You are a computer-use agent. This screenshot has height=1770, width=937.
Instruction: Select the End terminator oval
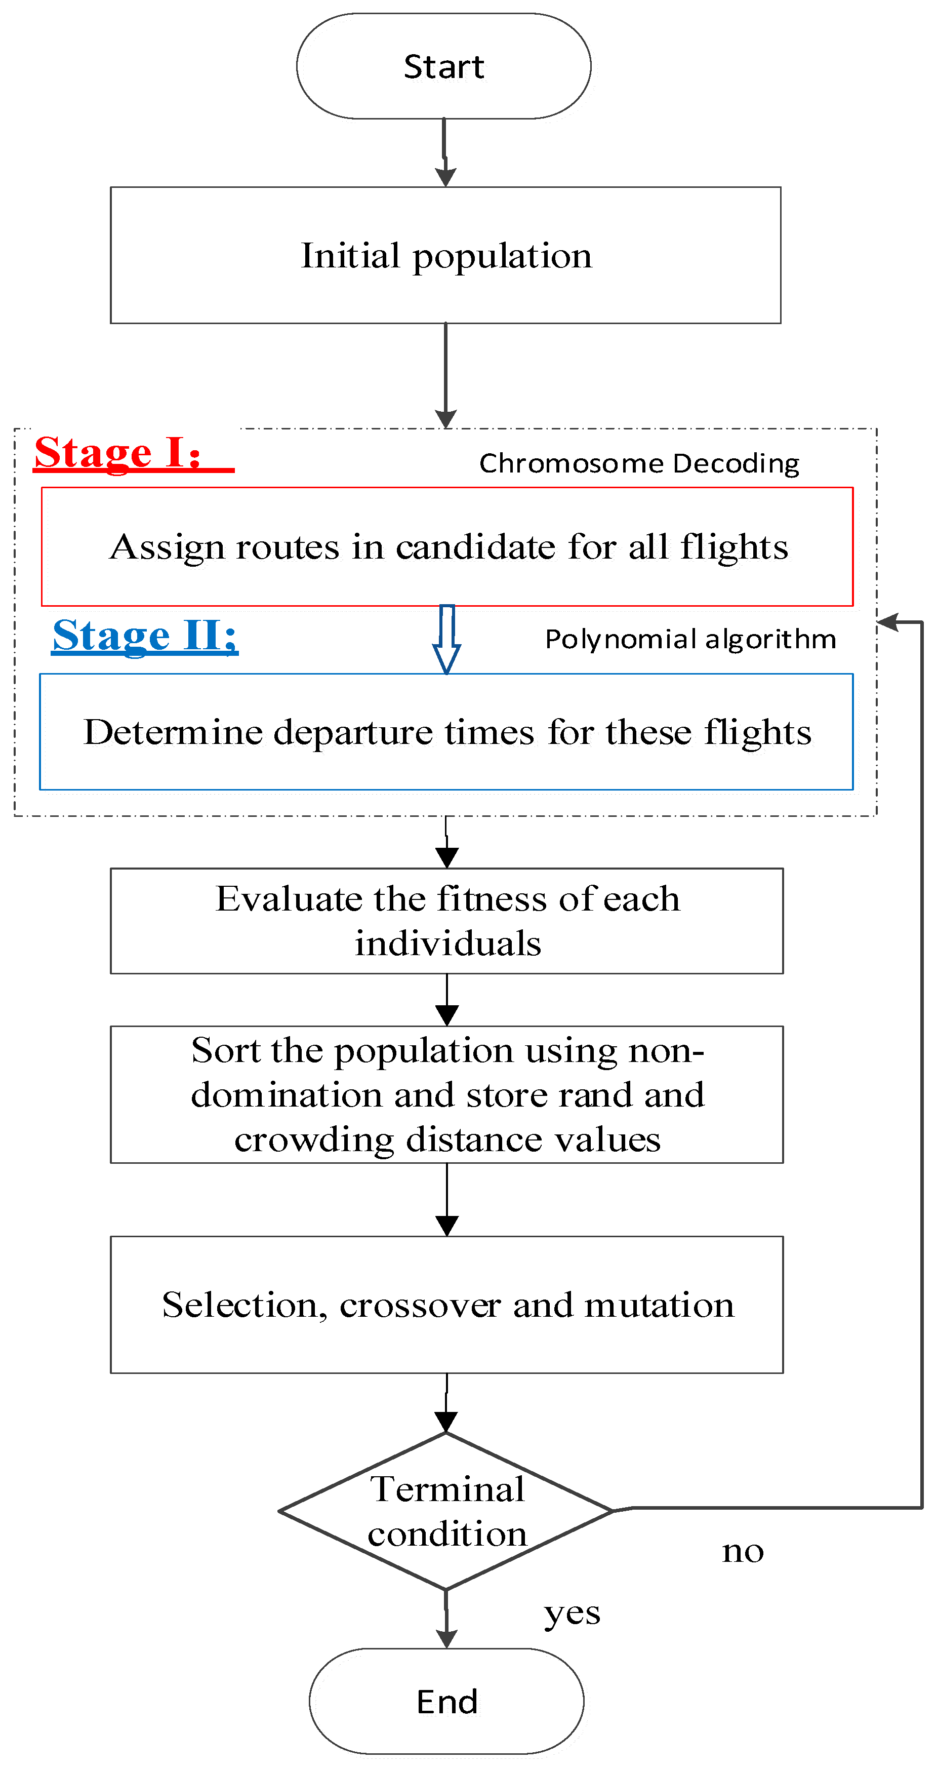click(446, 1701)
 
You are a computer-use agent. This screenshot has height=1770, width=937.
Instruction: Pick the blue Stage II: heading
click(145, 635)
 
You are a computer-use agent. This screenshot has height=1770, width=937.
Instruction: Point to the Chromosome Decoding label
click(639, 463)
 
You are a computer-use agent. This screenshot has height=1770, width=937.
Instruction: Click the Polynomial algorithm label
click(690, 639)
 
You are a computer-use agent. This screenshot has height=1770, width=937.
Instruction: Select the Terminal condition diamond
click(446, 1511)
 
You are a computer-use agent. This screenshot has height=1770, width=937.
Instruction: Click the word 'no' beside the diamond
click(743, 1552)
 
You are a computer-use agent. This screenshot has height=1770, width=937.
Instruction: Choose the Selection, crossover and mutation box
click(446, 1305)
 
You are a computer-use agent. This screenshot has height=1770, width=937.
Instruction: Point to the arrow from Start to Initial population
click(445, 152)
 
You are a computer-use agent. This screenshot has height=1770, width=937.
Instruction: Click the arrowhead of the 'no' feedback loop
click(889, 622)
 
